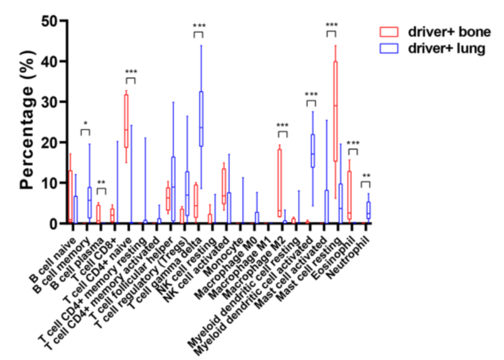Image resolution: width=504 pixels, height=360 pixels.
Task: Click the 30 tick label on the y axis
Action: (x=51, y=102)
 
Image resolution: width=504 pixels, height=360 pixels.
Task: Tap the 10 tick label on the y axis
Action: (x=51, y=183)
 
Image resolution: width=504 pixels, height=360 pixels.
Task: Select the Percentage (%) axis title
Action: (x=28, y=122)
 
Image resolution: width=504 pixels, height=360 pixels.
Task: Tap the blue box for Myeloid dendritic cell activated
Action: (x=313, y=150)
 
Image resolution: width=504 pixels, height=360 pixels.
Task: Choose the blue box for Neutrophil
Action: (x=369, y=210)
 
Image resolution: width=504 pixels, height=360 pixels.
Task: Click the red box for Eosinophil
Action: (x=350, y=195)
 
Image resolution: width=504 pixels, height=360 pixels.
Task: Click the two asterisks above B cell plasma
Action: (x=101, y=183)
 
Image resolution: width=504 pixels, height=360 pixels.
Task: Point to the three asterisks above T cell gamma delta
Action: (x=199, y=26)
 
